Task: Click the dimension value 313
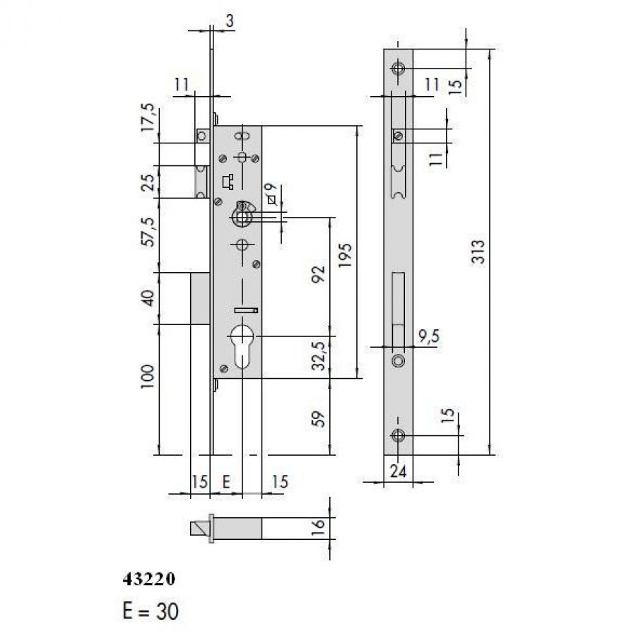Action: pos(478,252)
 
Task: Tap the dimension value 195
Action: pos(345,255)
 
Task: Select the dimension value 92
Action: pos(319,274)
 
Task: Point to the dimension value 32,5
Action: pos(320,355)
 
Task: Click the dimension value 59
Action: pos(319,419)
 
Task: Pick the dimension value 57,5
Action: pos(149,232)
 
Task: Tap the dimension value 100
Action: pos(148,377)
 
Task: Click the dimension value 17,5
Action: pos(148,117)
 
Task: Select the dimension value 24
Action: pos(399,471)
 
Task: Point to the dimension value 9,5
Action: pos(428,336)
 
